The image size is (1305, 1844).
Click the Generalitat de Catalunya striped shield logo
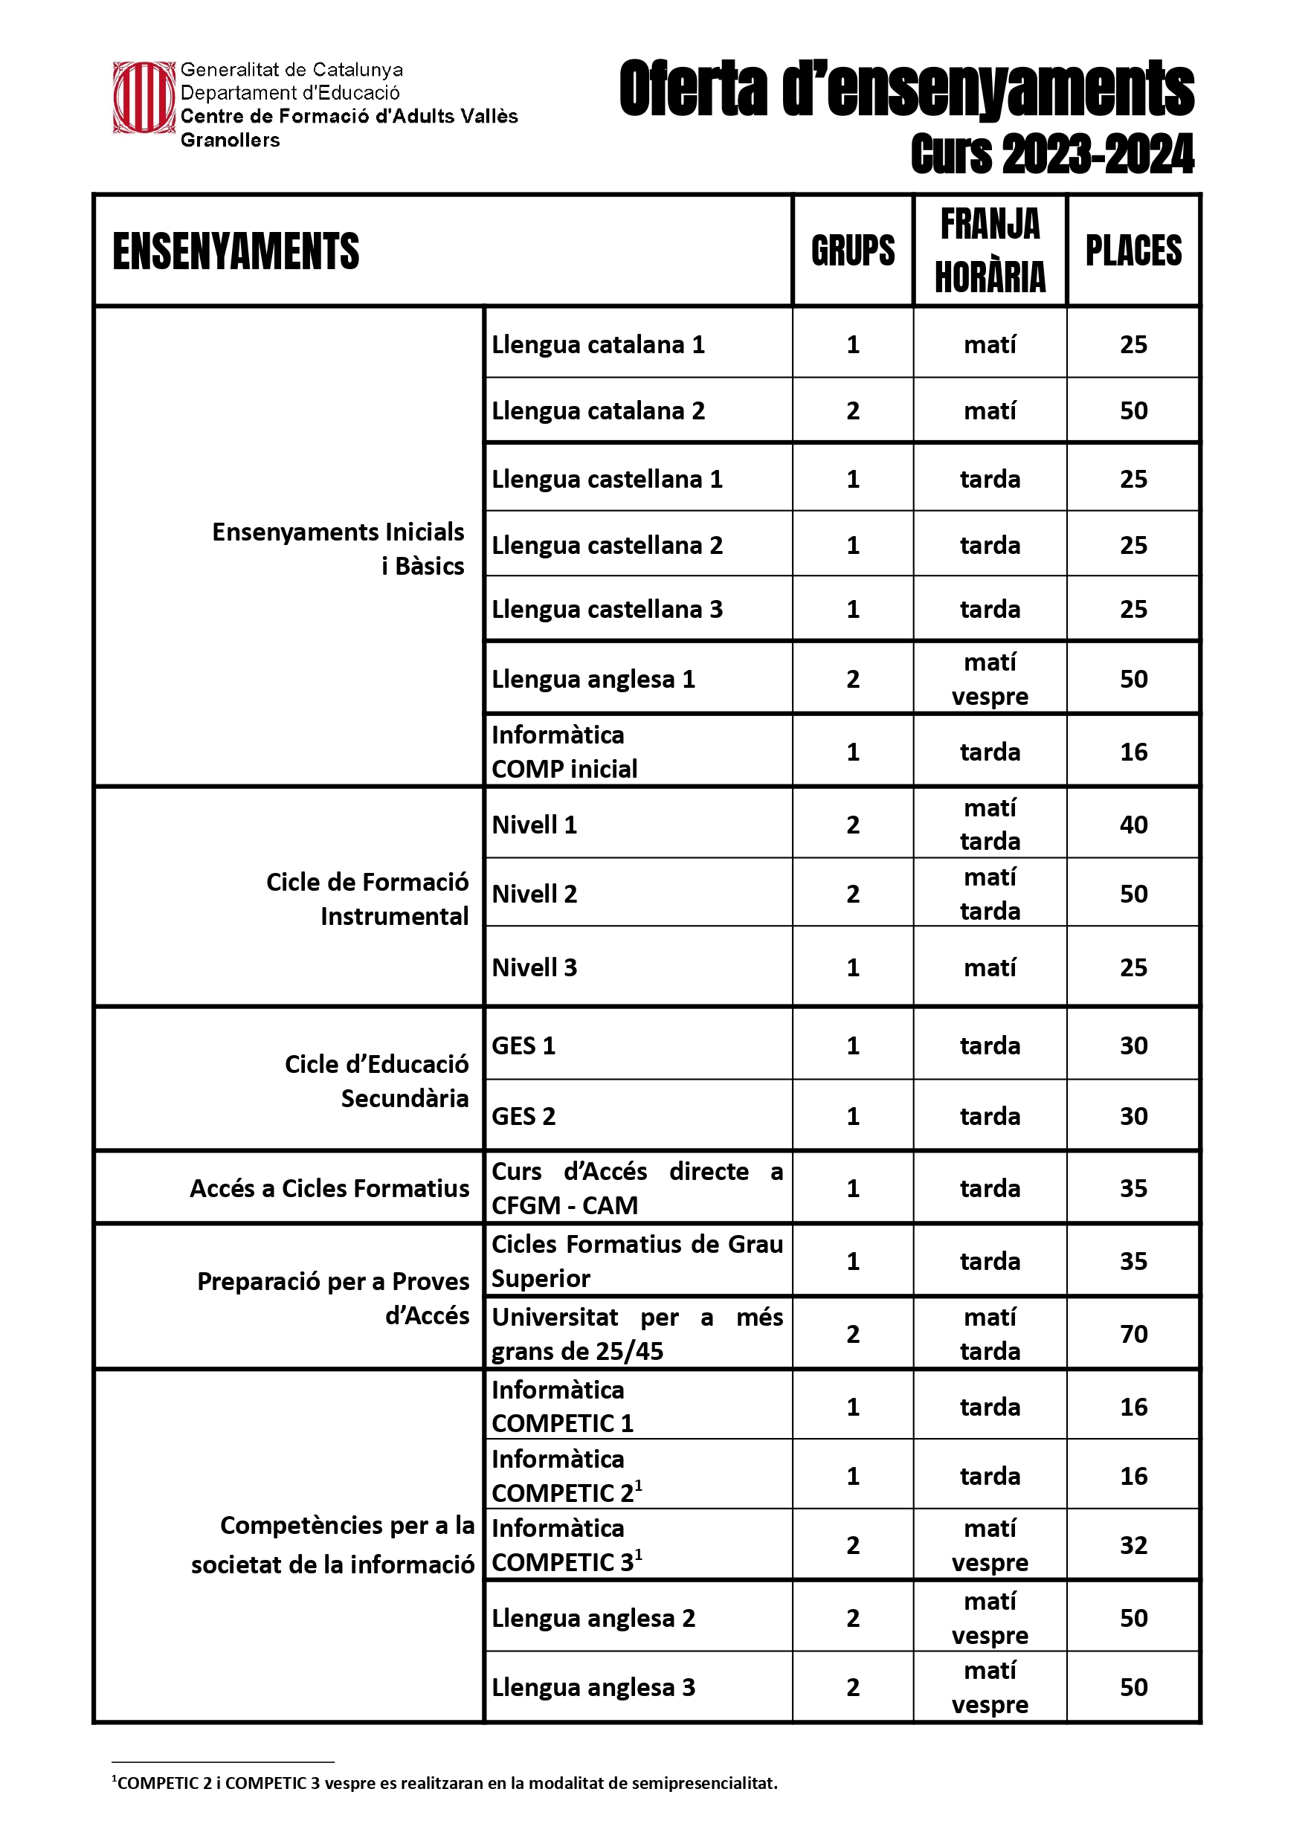pos(143,97)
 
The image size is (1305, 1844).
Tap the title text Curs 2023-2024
pos(1052,154)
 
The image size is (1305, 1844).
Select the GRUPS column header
pos(853,251)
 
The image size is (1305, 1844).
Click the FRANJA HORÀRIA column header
pos(990,251)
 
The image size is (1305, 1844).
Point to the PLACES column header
pos(1133,251)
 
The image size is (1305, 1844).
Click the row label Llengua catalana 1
pos(598,345)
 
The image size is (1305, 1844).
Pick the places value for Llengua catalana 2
pos(1133,410)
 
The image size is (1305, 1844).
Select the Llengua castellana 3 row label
pos(607,609)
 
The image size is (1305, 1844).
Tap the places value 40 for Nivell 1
pos(1133,825)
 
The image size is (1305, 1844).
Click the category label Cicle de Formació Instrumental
pos(367,899)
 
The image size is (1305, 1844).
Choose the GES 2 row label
pos(523,1116)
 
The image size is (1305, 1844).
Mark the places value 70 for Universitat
pos(1133,1334)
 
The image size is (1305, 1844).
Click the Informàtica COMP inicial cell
pos(564,752)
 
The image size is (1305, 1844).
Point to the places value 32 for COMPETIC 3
pos(1133,1545)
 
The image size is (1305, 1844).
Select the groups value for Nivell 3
pos(853,967)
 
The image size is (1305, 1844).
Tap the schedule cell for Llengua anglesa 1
pos(990,679)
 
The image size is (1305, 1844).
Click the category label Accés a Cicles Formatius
pos(329,1188)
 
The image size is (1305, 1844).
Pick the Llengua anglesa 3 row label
pos(593,1687)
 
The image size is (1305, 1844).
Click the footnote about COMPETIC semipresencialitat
pos(447,1783)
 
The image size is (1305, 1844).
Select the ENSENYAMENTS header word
pos(236,251)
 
